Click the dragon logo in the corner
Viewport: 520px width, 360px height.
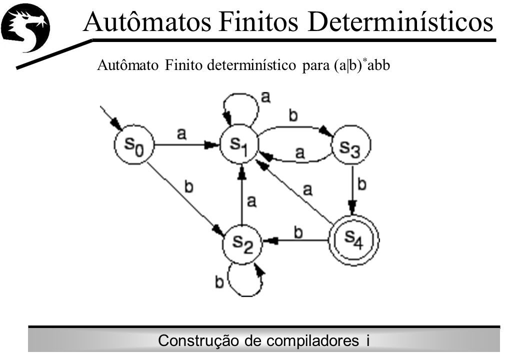pyautogui.click(x=25, y=29)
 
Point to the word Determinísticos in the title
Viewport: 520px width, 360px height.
pyautogui.click(x=400, y=22)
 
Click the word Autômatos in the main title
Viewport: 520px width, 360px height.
pyautogui.click(x=147, y=22)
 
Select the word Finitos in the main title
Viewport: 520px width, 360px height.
pyautogui.click(x=258, y=22)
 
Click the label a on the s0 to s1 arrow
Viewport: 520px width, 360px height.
pyautogui.click(x=181, y=134)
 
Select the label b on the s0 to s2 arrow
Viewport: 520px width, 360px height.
pyautogui.click(x=188, y=186)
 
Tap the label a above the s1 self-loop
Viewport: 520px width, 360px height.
pyautogui.click(x=265, y=97)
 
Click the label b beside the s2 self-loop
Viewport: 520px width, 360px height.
pyautogui.click(x=219, y=282)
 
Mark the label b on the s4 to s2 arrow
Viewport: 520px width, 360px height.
pyautogui.click(x=298, y=232)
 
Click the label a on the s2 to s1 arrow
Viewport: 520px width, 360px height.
pyautogui.click(x=251, y=201)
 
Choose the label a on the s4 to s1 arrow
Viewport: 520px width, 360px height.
pyautogui.click(x=308, y=189)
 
